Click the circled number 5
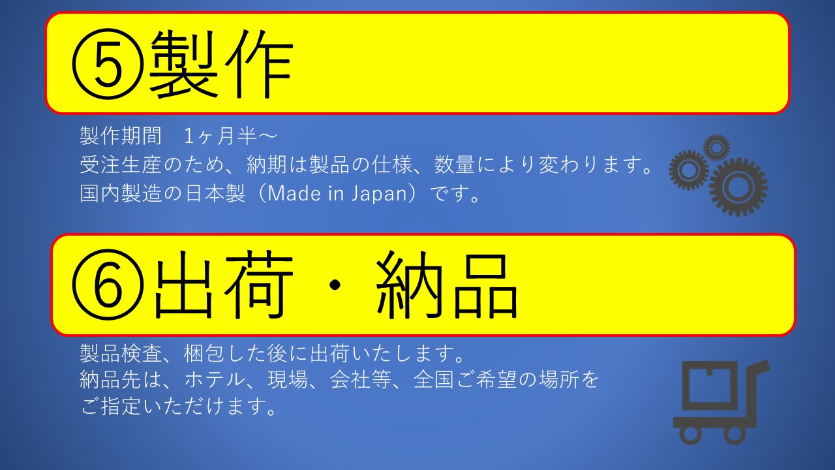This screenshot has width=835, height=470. pos(108,63)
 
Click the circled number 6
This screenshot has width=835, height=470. pos(108,284)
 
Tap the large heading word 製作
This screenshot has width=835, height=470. pos(220,63)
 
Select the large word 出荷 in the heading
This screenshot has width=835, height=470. pos(224,285)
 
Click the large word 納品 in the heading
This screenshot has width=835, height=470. pos(447,285)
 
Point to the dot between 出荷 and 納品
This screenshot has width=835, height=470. pos(335,285)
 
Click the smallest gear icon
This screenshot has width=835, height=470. pos(716,148)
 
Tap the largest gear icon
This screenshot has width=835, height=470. pos(738,187)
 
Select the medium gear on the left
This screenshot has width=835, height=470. pos(688,170)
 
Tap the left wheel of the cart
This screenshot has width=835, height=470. pos(690,434)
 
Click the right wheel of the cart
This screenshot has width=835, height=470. pos(735,434)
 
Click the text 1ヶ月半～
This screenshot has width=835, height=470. pos(231,136)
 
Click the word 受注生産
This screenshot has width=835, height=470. pos(121,165)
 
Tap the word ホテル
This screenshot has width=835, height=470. pos(215,380)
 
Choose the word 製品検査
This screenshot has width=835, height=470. pos(121,354)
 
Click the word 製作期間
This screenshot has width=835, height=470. pos(121,136)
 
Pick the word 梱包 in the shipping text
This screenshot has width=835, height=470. pos(204,354)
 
